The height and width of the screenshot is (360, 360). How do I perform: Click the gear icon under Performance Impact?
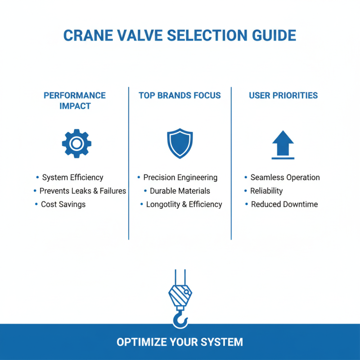click(x=76, y=144)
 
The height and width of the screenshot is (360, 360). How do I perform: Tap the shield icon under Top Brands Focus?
click(x=180, y=144)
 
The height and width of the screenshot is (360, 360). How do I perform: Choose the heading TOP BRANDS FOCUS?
click(x=180, y=95)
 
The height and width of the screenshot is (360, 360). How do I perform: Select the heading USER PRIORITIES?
click(x=283, y=95)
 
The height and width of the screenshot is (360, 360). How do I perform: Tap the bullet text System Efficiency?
click(x=72, y=177)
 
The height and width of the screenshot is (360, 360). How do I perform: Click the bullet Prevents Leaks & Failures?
click(x=83, y=191)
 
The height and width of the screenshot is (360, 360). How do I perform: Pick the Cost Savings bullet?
click(x=63, y=204)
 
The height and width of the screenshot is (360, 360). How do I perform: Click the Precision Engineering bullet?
click(x=180, y=177)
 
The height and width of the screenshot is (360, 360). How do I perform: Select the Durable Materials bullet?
click(x=180, y=191)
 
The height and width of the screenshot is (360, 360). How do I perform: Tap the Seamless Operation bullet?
click(x=285, y=177)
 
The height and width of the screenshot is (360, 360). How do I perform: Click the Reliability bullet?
click(x=266, y=191)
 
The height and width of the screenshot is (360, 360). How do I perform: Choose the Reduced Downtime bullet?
click(x=284, y=204)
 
